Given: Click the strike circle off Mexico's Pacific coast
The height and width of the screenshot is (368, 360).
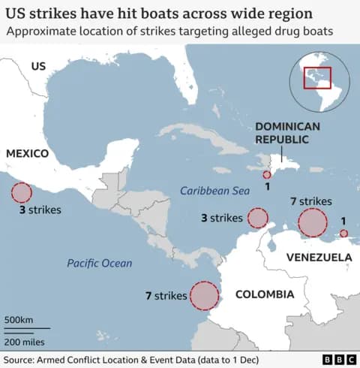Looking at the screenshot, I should coord(21,193).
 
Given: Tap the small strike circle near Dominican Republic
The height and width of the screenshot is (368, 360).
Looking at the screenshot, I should coord(267,175).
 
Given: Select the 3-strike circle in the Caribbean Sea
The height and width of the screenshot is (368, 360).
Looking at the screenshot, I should coord(258,218).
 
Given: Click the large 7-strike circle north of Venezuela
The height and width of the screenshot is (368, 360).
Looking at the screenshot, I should coord(313,223).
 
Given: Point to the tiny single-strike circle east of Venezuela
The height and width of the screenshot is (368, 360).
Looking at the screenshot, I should coord(343,234).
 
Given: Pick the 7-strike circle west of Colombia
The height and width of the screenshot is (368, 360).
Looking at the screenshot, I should coord(204,295).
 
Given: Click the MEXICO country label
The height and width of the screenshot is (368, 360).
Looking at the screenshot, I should coord(27,153).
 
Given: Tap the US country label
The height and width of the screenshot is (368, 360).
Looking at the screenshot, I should coord(38,67).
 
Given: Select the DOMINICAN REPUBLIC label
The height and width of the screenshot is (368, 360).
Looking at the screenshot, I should coord(287,133).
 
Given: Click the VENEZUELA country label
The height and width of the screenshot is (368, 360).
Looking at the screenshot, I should coord(319,258).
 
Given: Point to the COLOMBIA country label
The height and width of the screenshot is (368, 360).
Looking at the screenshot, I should coord(264,294).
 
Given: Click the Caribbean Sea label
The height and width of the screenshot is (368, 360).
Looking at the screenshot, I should coord(214,192).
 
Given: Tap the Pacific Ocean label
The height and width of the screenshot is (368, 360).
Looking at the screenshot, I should coord(99,263).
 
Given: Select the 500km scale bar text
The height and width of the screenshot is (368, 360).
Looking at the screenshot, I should coord(19,321).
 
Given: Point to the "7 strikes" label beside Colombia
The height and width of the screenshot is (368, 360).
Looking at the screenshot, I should coord(165,296).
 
